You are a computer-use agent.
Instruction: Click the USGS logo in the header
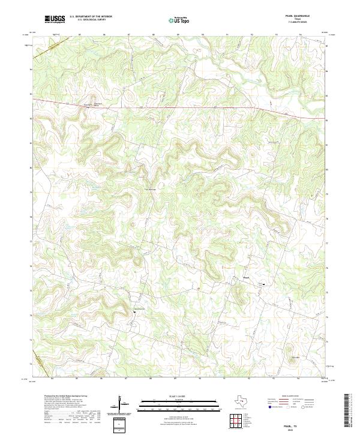coord(55,19)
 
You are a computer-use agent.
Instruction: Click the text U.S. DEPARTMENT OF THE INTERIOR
coord(91,17)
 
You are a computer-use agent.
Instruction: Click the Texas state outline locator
coord(246,401)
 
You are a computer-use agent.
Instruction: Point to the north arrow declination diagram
coord(122,403)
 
